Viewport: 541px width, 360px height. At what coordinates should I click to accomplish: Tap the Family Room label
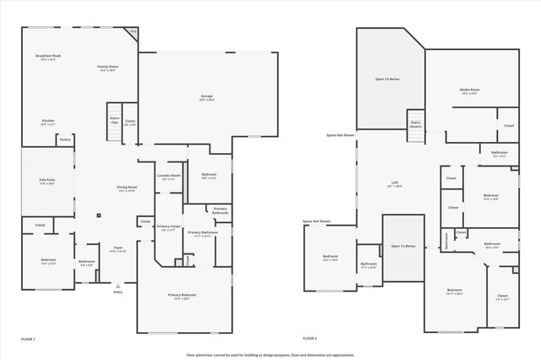click(x=107, y=68)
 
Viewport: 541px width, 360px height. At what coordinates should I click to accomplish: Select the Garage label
click(x=206, y=97)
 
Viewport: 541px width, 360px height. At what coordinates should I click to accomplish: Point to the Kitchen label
click(x=48, y=122)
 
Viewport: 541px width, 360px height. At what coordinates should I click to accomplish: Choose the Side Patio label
click(x=46, y=181)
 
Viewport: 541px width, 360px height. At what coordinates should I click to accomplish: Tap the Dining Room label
click(x=126, y=188)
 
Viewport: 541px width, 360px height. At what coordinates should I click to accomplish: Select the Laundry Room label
click(x=169, y=177)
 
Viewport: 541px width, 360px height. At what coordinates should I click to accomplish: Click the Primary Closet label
click(x=169, y=227)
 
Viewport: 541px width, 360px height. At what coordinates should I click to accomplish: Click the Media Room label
click(x=470, y=90)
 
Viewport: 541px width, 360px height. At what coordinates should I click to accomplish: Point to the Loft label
click(x=394, y=184)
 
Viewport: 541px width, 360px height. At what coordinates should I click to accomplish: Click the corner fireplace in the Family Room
click(x=133, y=34)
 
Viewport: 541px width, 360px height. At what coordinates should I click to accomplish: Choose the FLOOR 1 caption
click(x=28, y=338)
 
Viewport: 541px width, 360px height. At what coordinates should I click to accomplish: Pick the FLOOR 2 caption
click(x=309, y=338)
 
